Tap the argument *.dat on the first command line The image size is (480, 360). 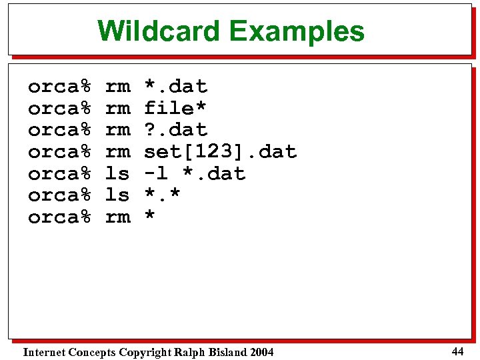pyautogui.click(x=176, y=86)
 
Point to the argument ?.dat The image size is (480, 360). pyautogui.click(x=176, y=129)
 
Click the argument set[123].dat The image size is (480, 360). pyautogui.click(x=220, y=152)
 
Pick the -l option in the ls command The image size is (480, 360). pyautogui.click(x=156, y=173)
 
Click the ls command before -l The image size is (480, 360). pyautogui.click(x=117, y=173)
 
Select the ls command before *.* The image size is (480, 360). pyautogui.click(x=117, y=195)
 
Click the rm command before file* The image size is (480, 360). pyautogui.click(x=118, y=107)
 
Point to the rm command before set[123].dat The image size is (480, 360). pyautogui.click(x=118, y=151)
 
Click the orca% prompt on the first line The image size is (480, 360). pyautogui.click(x=59, y=86)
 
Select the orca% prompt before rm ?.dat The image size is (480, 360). pyautogui.click(x=59, y=129)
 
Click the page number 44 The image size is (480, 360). pyautogui.click(x=457, y=351)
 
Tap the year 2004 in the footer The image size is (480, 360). pyautogui.click(x=261, y=352)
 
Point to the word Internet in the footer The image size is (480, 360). pyautogui.click(x=44, y=352)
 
